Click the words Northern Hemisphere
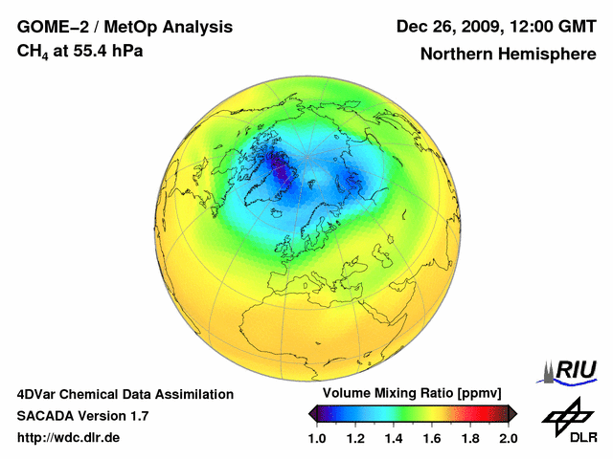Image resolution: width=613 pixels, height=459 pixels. [x=508, y=55]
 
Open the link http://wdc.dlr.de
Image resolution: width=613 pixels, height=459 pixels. [x=69, y=437]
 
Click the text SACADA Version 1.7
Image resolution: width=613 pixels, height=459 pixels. [x=82, y=416]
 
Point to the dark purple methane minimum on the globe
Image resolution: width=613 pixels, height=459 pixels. [x=283, y=172]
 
